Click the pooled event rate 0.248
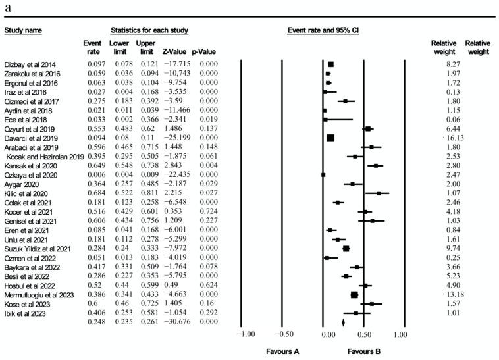[92, 322]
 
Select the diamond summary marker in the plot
[344, 322]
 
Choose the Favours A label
[282, 351]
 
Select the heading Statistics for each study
[149, 30]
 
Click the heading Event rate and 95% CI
[323, 30]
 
